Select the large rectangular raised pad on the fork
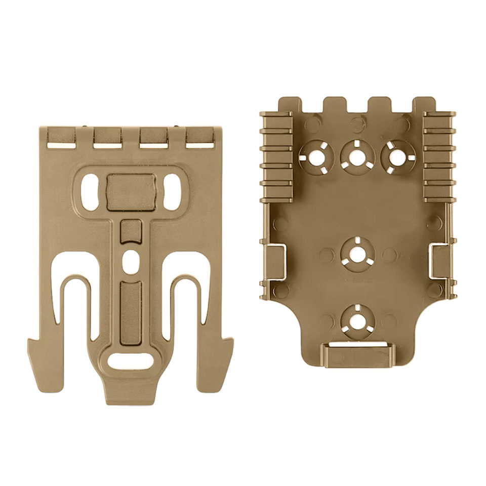tap(132, 192)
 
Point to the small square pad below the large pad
tap(131, 232)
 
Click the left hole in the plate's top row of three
tap(315, 157)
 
